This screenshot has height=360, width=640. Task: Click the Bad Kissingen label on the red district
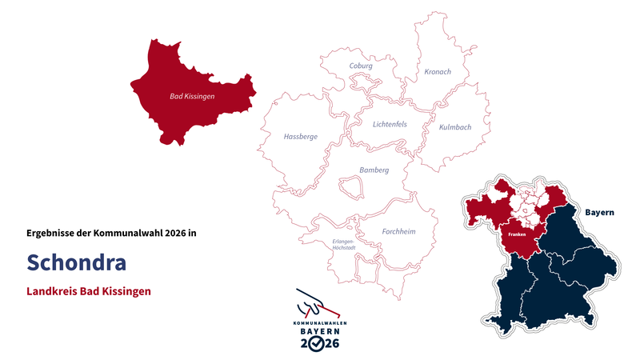tap(192, 97)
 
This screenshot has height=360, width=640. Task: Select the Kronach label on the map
tap(437, 72)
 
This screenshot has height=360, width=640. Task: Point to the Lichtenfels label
tap(390, 124)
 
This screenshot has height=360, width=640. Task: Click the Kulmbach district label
tap(455, 127)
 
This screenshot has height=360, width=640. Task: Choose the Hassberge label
tap(300, 137)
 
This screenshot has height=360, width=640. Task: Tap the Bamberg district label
tap(374, 170)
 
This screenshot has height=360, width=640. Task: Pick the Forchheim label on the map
tap(398, 232)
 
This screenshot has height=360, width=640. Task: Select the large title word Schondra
tap(76, 262)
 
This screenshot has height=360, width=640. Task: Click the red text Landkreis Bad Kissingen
tap(88, 291)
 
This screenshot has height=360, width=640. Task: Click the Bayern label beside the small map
tap(599, 213)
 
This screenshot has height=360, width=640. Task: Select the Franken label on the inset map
tap(517, 235)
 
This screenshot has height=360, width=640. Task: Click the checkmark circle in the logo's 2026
tap(318, 343)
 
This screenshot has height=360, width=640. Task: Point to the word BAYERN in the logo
tap(319, 330)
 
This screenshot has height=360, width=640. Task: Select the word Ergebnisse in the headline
tap(50, 234)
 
